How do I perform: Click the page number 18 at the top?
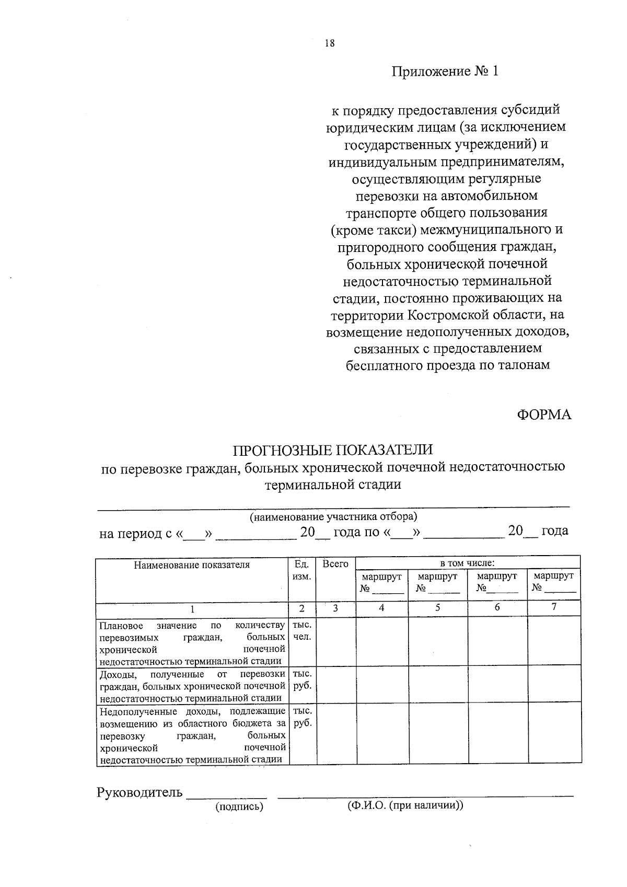click(x=329, y=43)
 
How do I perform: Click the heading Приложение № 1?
click(x=445, y=71)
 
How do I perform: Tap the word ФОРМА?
click(x=544, y=415)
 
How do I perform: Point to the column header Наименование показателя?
click(x=192, y=565)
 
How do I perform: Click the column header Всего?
click(x=335, y=564)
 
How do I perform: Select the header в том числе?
click(x=467, y=563)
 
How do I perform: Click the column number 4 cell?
click(x=381, y=607)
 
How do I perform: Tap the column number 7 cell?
click(x=554, y=607)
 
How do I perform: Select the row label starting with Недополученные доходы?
click(x=192, y=735)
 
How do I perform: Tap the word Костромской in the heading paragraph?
click(x=446, y=315)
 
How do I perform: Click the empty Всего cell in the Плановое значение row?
click(x=336, y=640)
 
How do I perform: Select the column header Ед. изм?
click(x=302, y=570)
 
